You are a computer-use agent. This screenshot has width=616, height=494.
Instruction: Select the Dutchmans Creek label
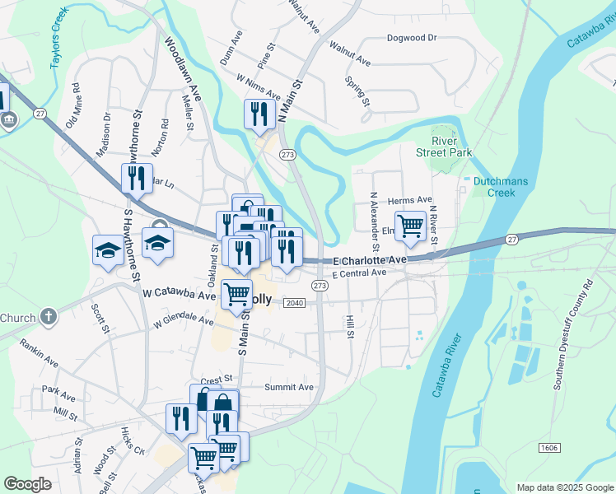click(x=493, y=187)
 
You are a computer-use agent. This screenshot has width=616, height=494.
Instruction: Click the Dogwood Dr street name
click(x=411, y=38)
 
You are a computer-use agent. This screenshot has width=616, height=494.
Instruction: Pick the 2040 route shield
click(x=295, y=303)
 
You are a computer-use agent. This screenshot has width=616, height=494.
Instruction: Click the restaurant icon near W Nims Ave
click(x=259, y=114)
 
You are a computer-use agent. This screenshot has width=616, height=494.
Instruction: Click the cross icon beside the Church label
click(x=49, y=317)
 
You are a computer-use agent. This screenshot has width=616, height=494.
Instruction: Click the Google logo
click(x=28, y=484)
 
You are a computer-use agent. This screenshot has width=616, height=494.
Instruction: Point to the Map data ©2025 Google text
click(x=564, y=487)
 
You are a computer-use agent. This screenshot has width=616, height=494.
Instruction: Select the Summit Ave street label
click(x=289, y=387)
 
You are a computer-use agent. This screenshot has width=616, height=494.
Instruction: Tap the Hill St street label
click(x=350, y=326)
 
